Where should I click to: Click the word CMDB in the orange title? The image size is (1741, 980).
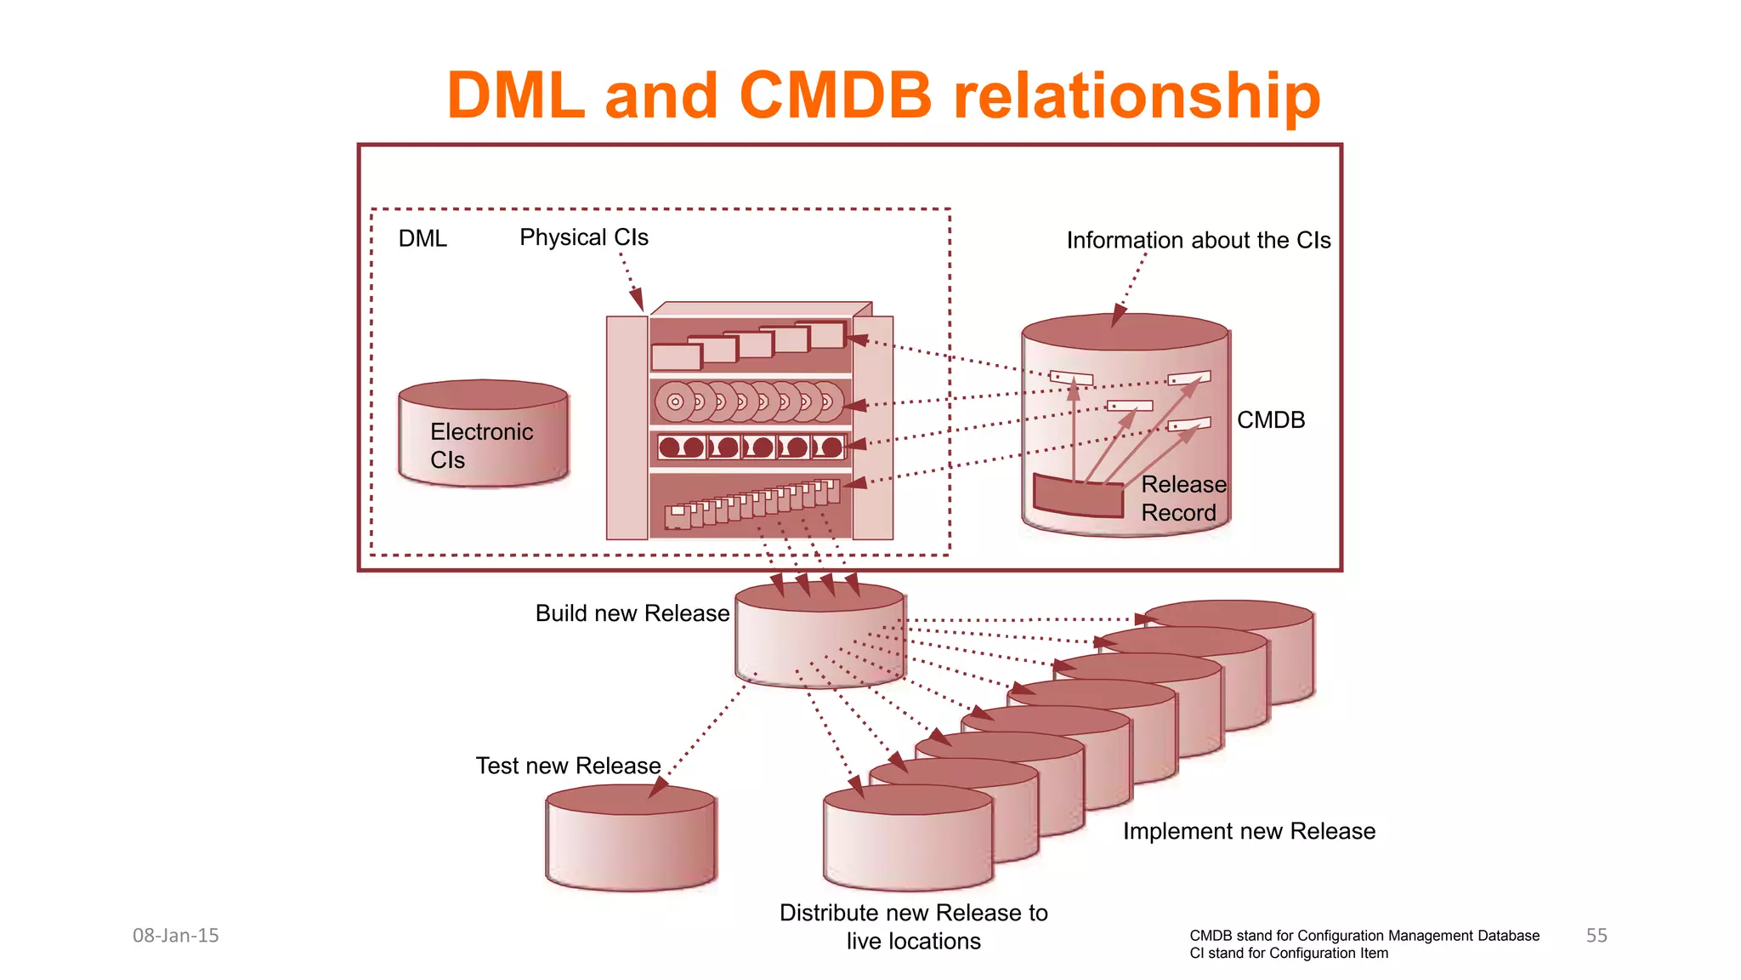(836, 94)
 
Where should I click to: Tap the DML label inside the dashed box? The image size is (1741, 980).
(422, 239)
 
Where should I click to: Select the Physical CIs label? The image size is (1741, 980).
(583, 237)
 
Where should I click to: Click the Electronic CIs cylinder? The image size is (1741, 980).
(483, 434)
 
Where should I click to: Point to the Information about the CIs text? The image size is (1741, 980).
(1198, 241)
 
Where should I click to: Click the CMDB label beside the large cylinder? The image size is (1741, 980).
(1270, 420)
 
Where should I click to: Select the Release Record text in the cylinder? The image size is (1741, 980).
(1182, 499)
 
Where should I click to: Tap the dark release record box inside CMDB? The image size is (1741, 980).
(1078, 497)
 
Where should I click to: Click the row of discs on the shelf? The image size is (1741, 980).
(749, 402)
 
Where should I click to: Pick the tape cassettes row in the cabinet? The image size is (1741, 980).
(751, 447)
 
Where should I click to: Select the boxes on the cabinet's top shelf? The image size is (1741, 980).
(749, 345)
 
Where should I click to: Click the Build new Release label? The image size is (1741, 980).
(632, 613)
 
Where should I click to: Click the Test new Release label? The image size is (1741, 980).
(568, 766)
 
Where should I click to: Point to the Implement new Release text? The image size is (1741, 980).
(1248, 831)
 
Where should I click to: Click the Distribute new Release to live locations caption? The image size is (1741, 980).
(913, 926)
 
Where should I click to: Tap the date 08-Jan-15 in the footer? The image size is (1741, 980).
(176, 936)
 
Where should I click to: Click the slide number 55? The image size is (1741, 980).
(1596, 936)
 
